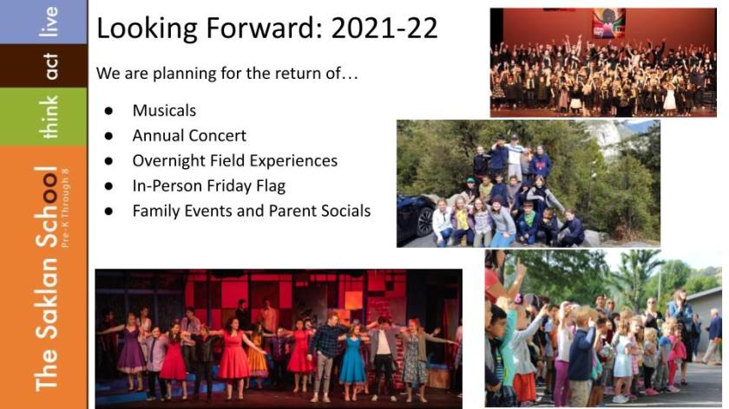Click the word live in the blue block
tap(49, 22)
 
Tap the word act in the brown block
tap(50, 66)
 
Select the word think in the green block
tap(49, 117)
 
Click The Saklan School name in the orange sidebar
tap(47, 278)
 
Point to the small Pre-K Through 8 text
tap(65, 208)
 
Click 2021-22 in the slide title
tap(384, 28)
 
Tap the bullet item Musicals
tap(164, 111)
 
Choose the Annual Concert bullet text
tap(189, 135)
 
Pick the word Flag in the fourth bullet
tap(271, 185)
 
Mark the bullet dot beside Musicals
tap(108, 111)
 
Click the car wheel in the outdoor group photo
tap(425, 222)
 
